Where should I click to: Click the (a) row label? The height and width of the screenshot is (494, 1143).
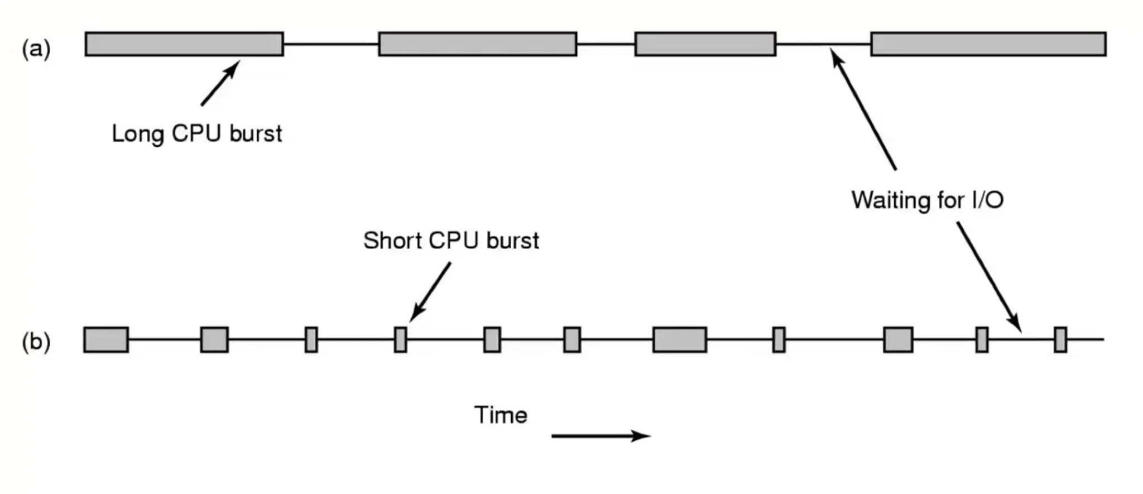[36, 49]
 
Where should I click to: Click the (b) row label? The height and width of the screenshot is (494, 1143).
[36, 341]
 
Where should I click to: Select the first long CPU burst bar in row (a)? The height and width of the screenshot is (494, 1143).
[184, 44]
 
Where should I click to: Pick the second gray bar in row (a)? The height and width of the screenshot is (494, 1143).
[477, 44]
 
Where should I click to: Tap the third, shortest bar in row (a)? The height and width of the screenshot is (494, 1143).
[705, 44]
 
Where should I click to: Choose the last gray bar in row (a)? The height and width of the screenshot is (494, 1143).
[988, 44]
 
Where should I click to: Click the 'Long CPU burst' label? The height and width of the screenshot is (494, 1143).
[197, 134]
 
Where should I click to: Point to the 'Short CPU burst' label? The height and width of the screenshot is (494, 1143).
[451, 241]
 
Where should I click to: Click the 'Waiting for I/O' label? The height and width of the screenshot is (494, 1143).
[928, 200]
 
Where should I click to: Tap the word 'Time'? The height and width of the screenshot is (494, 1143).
[501, 415]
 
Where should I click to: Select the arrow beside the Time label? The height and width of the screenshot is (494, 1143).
[601, 435]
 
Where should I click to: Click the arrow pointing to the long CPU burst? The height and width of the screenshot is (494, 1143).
[220, 83]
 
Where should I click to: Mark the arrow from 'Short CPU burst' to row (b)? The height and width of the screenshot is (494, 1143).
[430, 292]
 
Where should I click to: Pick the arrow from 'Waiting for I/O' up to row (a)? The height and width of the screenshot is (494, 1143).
[864, 109]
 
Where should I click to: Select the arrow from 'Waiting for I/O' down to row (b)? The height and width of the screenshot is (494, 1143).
[989, 277]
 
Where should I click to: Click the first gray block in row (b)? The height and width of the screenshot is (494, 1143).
[106, 340]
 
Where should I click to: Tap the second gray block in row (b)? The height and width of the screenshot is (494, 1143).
[214, 340]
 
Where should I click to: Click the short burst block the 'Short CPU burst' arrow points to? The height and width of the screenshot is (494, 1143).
[400, 340]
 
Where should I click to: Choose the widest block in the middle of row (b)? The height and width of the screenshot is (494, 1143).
[679, 340]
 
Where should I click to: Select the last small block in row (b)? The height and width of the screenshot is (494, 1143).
[1060, 340]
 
